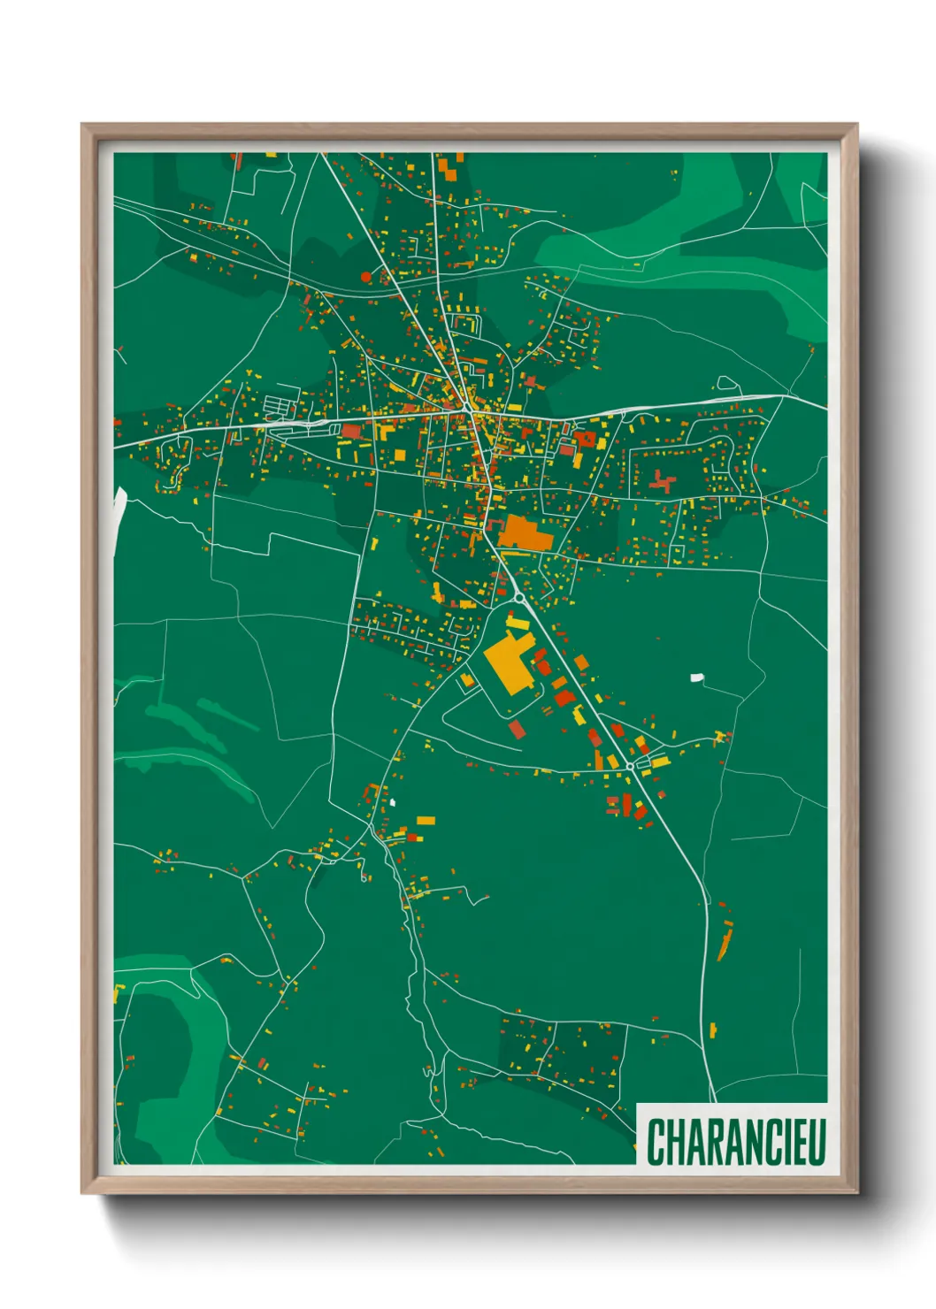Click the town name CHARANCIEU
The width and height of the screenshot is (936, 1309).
click(x=736, y=1142)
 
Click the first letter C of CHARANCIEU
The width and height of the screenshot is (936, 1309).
click(x=656, y=1142)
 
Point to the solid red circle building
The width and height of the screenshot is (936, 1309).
click(x=366, y=277)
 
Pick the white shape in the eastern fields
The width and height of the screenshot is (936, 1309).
click(x=697, y=678)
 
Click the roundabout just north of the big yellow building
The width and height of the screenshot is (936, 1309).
click(x=518, y=597)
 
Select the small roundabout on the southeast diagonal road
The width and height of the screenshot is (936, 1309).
click(x=630, y=766)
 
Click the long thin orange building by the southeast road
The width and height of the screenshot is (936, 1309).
click(x=725, y=940)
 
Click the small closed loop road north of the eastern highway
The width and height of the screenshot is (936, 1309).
click(x=727, y=384)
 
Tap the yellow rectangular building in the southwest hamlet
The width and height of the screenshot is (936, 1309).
click(x=426, y=820)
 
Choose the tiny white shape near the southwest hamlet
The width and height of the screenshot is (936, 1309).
click(x=392, y=803)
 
